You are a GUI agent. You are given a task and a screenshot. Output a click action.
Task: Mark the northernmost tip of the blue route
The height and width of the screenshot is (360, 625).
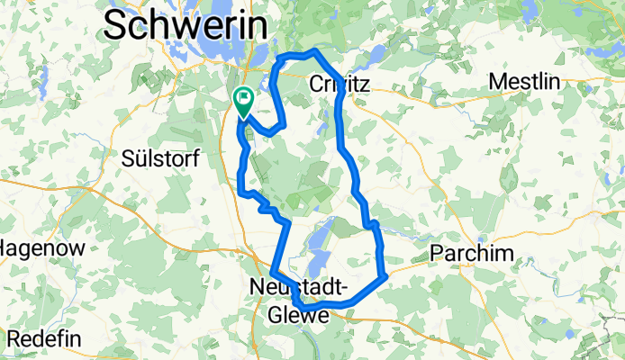[313, 51]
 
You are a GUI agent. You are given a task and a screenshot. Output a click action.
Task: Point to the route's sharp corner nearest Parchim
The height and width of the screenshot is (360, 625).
[385, 275]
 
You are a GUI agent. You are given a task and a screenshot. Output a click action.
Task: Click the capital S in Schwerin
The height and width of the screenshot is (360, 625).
[117, 24]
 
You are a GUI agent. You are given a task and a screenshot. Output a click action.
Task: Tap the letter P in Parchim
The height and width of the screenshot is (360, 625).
[438, 253]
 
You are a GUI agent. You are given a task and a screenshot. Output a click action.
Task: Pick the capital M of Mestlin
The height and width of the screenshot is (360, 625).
[497, 82]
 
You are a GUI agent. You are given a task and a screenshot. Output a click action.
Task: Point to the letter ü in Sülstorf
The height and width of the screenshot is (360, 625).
[139, 158]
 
